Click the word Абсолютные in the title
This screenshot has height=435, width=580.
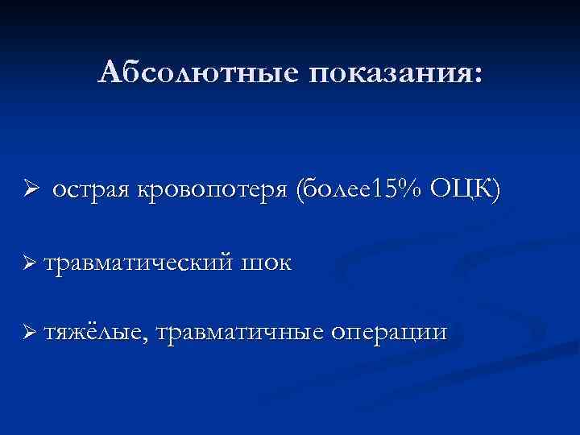[x=195, y=73]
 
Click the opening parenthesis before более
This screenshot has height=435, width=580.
[x=301, y=191]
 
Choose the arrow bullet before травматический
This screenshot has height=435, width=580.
[x=31, y=263]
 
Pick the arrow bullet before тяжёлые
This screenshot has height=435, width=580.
[x=31, y=332]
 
